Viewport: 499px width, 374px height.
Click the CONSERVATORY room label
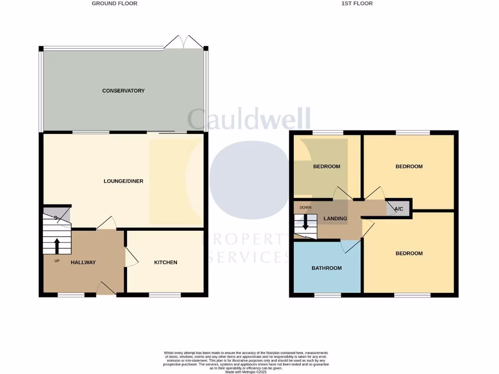(123, 91)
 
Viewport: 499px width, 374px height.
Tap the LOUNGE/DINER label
(123, 181)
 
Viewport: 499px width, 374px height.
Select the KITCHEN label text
(166, 262)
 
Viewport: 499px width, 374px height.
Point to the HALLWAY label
(83, 262)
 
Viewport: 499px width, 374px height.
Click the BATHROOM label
(326, 268)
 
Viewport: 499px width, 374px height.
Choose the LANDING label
(335, 219)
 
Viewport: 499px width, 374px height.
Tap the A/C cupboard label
(399, 209)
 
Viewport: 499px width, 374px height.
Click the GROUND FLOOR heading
(115, 3)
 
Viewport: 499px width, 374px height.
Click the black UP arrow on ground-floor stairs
(57, 246)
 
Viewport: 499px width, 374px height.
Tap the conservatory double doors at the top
(183, 42)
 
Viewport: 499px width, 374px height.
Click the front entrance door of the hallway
(106, 289)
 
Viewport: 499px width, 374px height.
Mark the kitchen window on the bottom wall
(165, 295)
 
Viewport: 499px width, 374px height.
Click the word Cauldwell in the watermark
(249, 119)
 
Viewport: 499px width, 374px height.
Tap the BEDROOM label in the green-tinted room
(326, 167)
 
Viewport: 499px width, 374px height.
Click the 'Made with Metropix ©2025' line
(246, 372)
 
